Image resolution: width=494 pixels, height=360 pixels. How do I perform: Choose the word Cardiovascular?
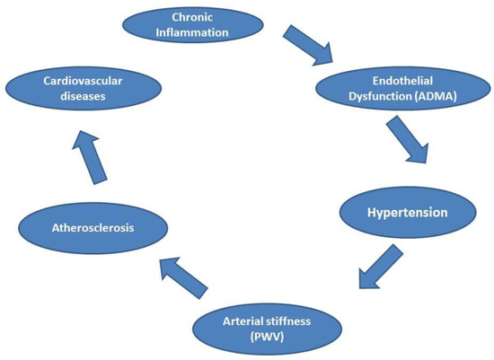83,79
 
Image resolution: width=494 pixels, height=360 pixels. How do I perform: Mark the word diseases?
83,96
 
